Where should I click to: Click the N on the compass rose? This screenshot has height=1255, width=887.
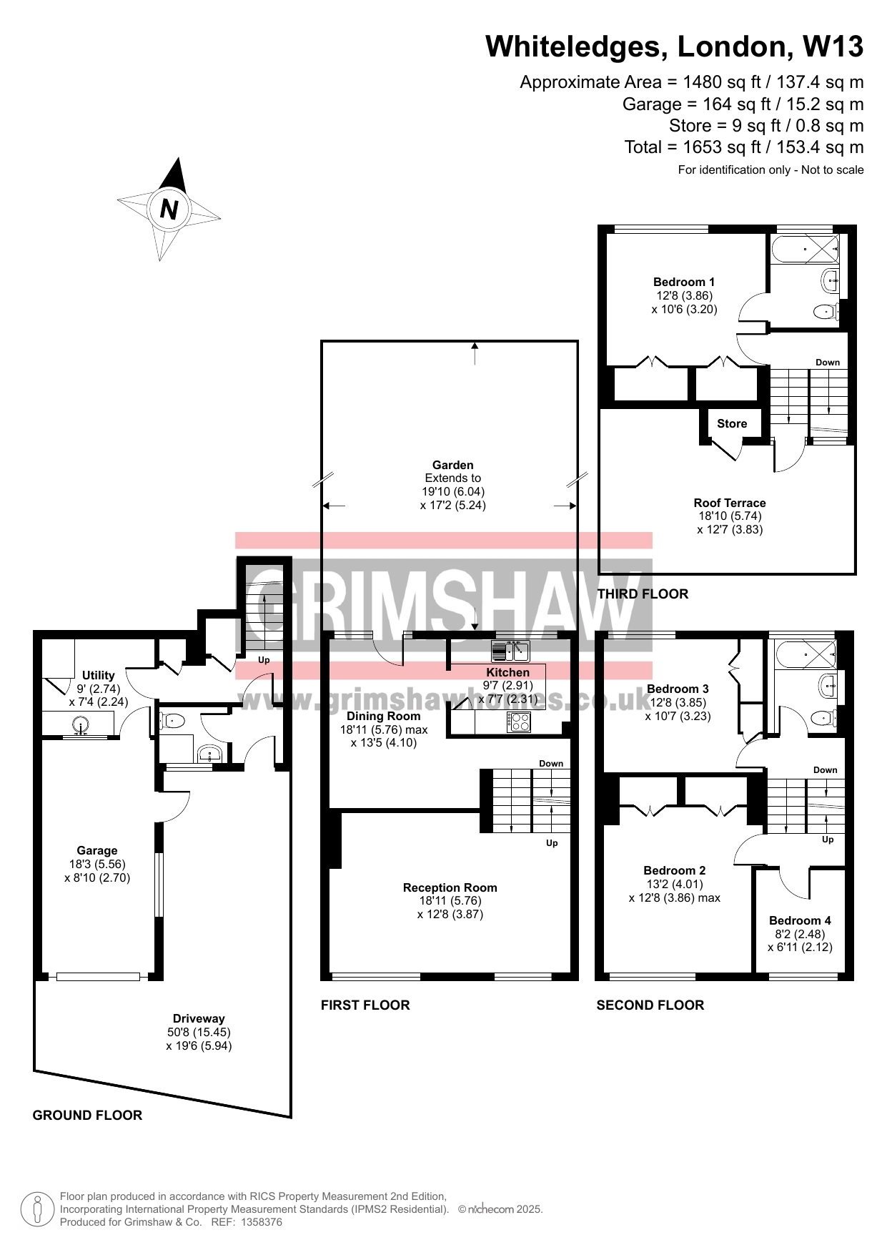pyautogui.click(x=169, y=209)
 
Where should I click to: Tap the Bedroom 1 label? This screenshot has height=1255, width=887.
pyautogui.click(x=684, y=282)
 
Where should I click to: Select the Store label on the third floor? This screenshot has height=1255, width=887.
pyautogui.click(x=732, y=423)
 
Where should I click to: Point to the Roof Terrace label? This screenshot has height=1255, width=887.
pyautogui.click(x=730, y=503)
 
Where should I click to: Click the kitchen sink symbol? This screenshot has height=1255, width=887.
pyautogui.click(x=510, y=651)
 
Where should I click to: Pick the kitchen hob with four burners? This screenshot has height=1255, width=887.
pyautogui.click(x=519, y=722)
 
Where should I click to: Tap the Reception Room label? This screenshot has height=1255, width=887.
pyautogui.click(x=450, y=887)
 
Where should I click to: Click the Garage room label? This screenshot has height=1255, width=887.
pyautogui.click(x=97, y=850)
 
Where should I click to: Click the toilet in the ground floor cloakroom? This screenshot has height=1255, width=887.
pyautogui.click(x=172, y=720)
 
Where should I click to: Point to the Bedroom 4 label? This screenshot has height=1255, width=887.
pyautogui.click(x=800, y=920)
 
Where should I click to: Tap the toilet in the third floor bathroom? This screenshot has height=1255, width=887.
pyautogui.click(x=826, y=311)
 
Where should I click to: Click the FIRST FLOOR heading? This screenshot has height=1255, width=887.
pyautogui.click(x=365, y=1005)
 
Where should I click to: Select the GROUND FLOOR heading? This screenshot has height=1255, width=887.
pyautogui.click(x=87, y=1115)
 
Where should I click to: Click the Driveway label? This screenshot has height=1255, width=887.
pyautogui.click(x=199, y=1018)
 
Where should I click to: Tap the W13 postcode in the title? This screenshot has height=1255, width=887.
pyautogui.click(x=833, y=46)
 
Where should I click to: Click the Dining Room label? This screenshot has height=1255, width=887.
pyautogui.click(x=384, y=716)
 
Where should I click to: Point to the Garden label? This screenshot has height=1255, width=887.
pyautogui.click(x=453, y=465)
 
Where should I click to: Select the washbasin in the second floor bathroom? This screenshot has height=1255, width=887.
pyautogui.click(x=828, y=685)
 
